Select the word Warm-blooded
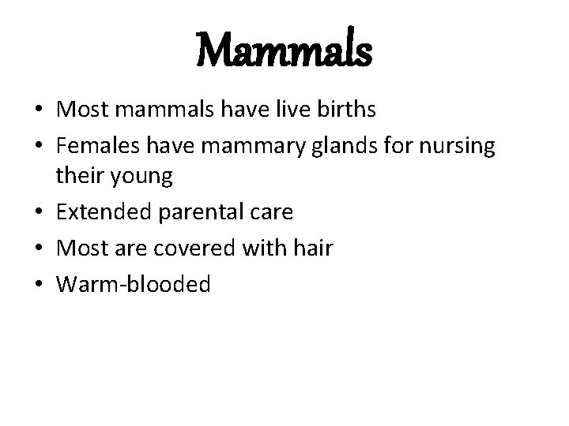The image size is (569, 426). pyautogui.click(x=133, y=284)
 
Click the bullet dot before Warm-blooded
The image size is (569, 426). pyautogui.click(x=39, y=285)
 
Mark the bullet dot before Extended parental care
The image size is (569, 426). pyautogui.click(x=39, y=213)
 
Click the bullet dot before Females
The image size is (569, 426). pyautogui.click(x=39, y=146)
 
